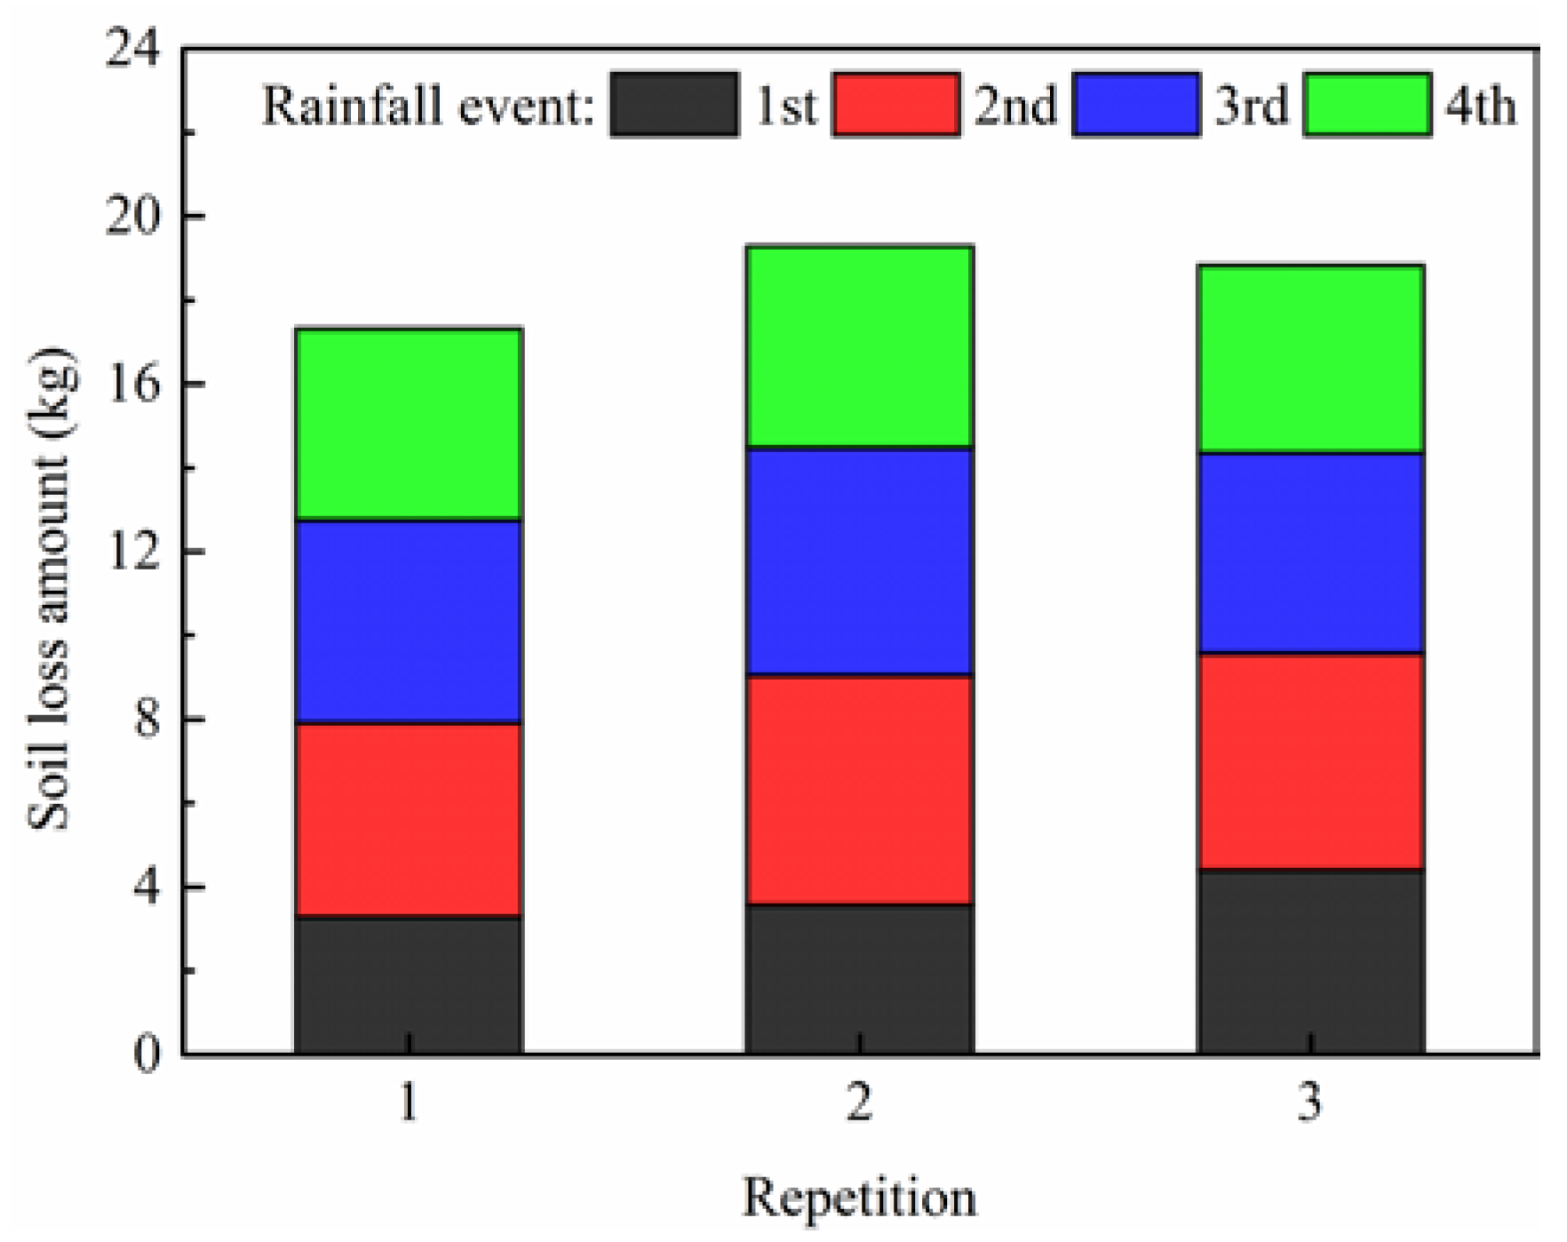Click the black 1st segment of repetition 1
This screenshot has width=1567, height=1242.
pyautogui.click(x=408, y=985)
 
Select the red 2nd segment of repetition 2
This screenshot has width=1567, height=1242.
pyautogui.click(x=859, y=790)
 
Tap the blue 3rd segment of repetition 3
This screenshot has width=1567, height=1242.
pyautogui.click(x=1310, y=553)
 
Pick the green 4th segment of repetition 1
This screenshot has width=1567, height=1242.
pyautogui.click(x=408, y=424)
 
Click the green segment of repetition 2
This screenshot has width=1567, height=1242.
pyautogui.click(x=859, y=346)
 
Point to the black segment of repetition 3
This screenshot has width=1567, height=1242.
pyautogui.click(x=1310, y=961)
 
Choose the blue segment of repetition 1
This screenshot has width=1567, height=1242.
pyautogui.click(x=408, y=622)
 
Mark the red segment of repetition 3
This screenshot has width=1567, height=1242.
pyautogui.click(x=1310, y=761)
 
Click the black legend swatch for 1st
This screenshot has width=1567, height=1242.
pyautogui.click(x=674, y=105)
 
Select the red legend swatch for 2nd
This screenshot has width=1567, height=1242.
pyautogui.click(x=895, y=105)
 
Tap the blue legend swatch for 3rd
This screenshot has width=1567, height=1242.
pyautogui.click(x=1136, y=105)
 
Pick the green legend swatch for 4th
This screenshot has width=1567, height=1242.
pyautogui.click(x=1367, y=105)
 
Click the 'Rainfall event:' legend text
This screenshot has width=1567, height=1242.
pyautogui.click(x=427, y=107)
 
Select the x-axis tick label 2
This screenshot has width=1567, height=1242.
pyautogui.click(x=859, y=1103)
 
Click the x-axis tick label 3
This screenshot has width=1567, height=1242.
pyautogui.click(x=1310, y=1103)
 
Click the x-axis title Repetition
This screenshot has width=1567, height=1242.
pyautogui.click(x=859, y=1198)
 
